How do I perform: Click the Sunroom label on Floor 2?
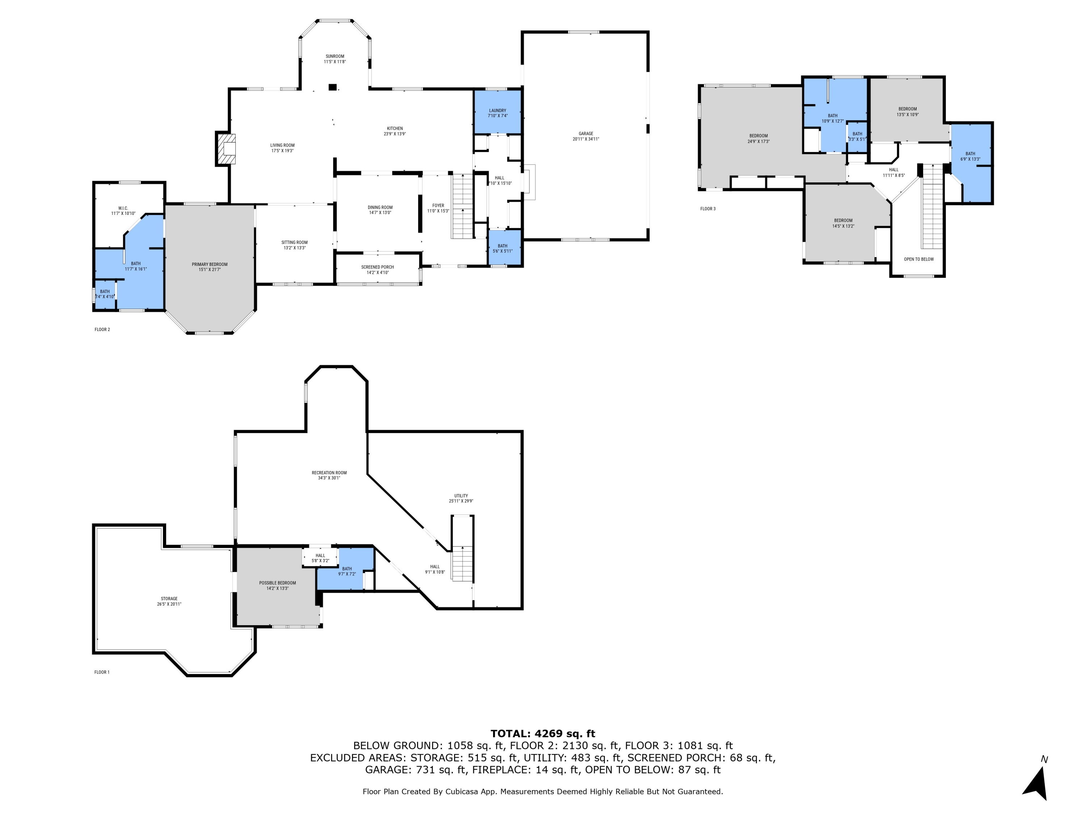pos(335,56)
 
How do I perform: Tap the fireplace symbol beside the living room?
pos(226,149)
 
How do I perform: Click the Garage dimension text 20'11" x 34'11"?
pos(586,139)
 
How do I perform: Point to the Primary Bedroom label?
pos(210,264)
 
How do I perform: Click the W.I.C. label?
pos(123,208)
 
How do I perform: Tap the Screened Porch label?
pos(378,267)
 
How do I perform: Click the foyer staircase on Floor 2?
pos(462,206)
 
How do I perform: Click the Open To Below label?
pos(919,259)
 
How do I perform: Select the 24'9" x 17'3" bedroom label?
pos(758,136)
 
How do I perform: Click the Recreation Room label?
pos(329,472)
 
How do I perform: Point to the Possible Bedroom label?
pos(277,583)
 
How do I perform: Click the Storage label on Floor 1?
pos(169,599)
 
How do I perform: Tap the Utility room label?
pos(461,496)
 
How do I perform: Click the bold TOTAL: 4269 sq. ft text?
pos(543,734)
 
